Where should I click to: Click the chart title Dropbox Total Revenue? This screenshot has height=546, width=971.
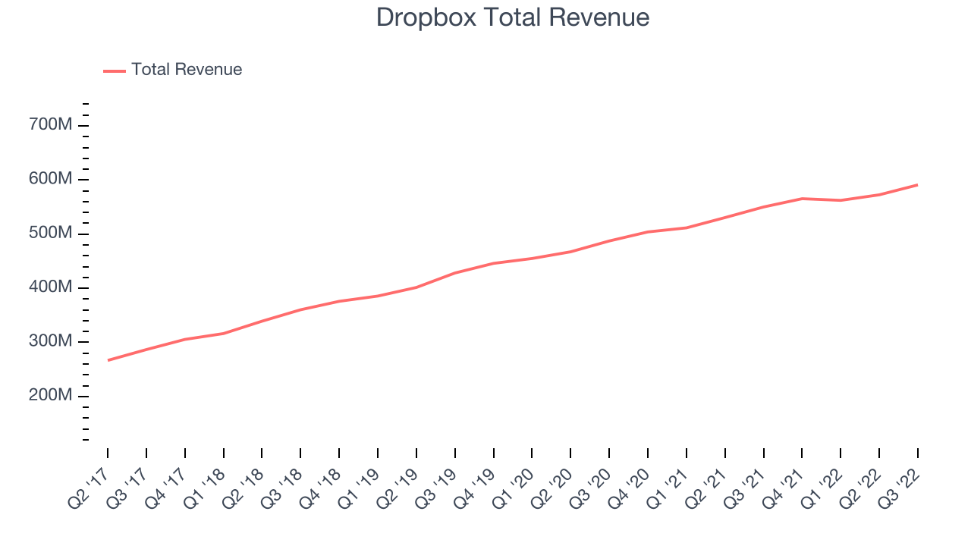tap(512, 17)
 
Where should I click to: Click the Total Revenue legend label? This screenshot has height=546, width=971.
tap(187, 70)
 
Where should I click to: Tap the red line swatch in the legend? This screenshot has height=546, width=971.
tap(115, 71)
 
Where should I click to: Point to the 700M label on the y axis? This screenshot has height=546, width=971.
tap(50, 124)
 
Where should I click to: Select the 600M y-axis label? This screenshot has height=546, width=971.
tap(50, 178)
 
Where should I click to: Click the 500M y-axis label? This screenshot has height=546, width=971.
tap(50, 233)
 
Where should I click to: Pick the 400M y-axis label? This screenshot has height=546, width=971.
tap(50, 287)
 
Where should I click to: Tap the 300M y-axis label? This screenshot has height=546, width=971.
tap(50, 341)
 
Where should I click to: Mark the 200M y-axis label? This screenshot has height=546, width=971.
tap(50, 395)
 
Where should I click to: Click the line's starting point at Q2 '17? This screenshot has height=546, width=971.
tap(108, 360)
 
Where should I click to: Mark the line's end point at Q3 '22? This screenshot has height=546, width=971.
tap(917, 185)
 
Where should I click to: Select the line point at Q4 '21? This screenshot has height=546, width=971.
tap(802, 199)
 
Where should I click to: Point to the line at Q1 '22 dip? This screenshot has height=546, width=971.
tap(841, 200)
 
